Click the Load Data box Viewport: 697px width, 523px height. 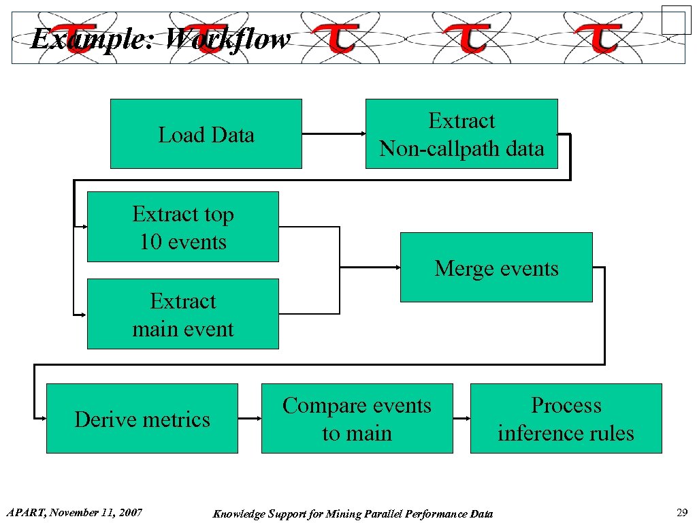(206, 134)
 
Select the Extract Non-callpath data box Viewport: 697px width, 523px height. (461, 134)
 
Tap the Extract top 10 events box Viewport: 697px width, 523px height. (182, 227)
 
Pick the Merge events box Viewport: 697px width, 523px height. (496, 268)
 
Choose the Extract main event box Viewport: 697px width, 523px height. (182, 314)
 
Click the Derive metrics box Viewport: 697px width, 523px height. (142, 419)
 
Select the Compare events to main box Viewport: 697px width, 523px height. (357, 419)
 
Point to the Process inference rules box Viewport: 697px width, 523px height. (566, 419)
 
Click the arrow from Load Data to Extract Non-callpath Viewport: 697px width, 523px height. (334, 134)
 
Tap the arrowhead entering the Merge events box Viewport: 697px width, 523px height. (397, 268)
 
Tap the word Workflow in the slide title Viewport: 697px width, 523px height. (227, 39)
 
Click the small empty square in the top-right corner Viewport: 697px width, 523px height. (676, 20)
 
